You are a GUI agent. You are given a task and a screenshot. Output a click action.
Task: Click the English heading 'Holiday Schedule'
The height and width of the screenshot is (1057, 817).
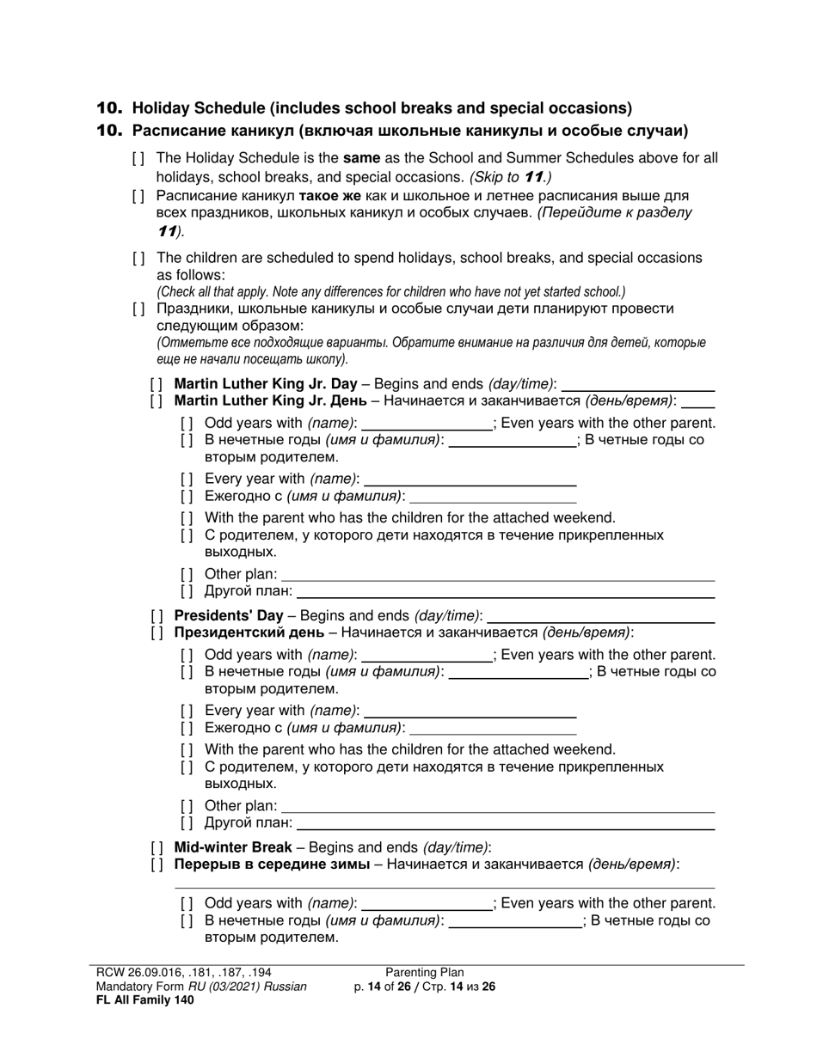(x=382, y=108)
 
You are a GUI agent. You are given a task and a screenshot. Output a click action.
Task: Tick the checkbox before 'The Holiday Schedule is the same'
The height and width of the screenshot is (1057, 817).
(x=138, y=159)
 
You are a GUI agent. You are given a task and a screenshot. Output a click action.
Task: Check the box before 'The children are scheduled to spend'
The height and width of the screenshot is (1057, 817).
(x=138, y=259)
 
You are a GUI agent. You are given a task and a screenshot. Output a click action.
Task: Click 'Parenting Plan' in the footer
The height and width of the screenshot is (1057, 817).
(x=424, y=973)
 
